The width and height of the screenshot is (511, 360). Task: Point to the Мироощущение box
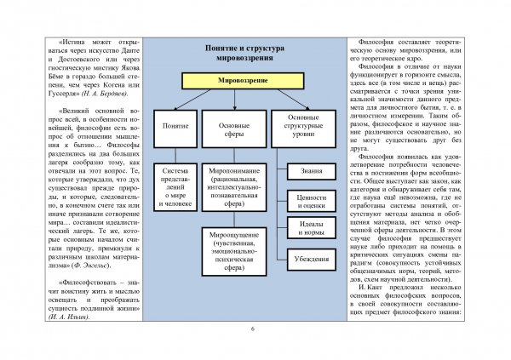(234, 249)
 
